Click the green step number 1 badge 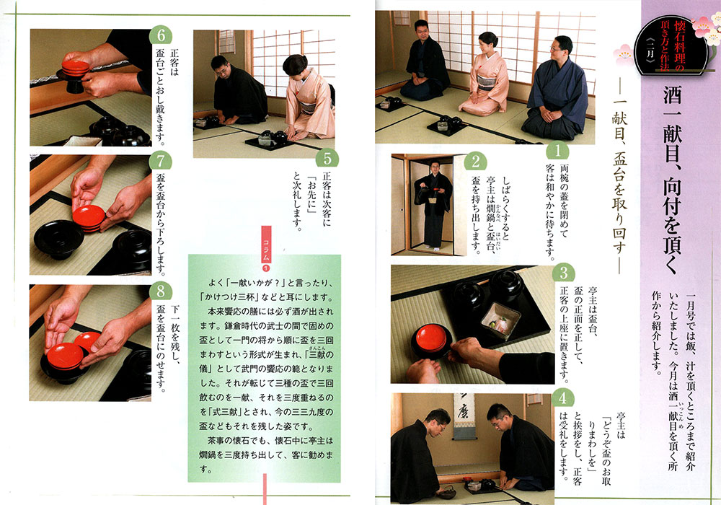[557, 151]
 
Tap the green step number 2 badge [475, 162]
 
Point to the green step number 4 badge [563, 398]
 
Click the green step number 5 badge [327, 159]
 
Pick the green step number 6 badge [161, 36]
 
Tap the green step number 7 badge [161, 161]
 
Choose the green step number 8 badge [161, 291]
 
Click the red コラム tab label [266, 245]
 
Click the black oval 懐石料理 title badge [672, 45]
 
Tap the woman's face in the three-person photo [487, 44]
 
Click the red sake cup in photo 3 [431, 338]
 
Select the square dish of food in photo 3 [500, 320]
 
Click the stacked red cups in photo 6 [76, 68]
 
